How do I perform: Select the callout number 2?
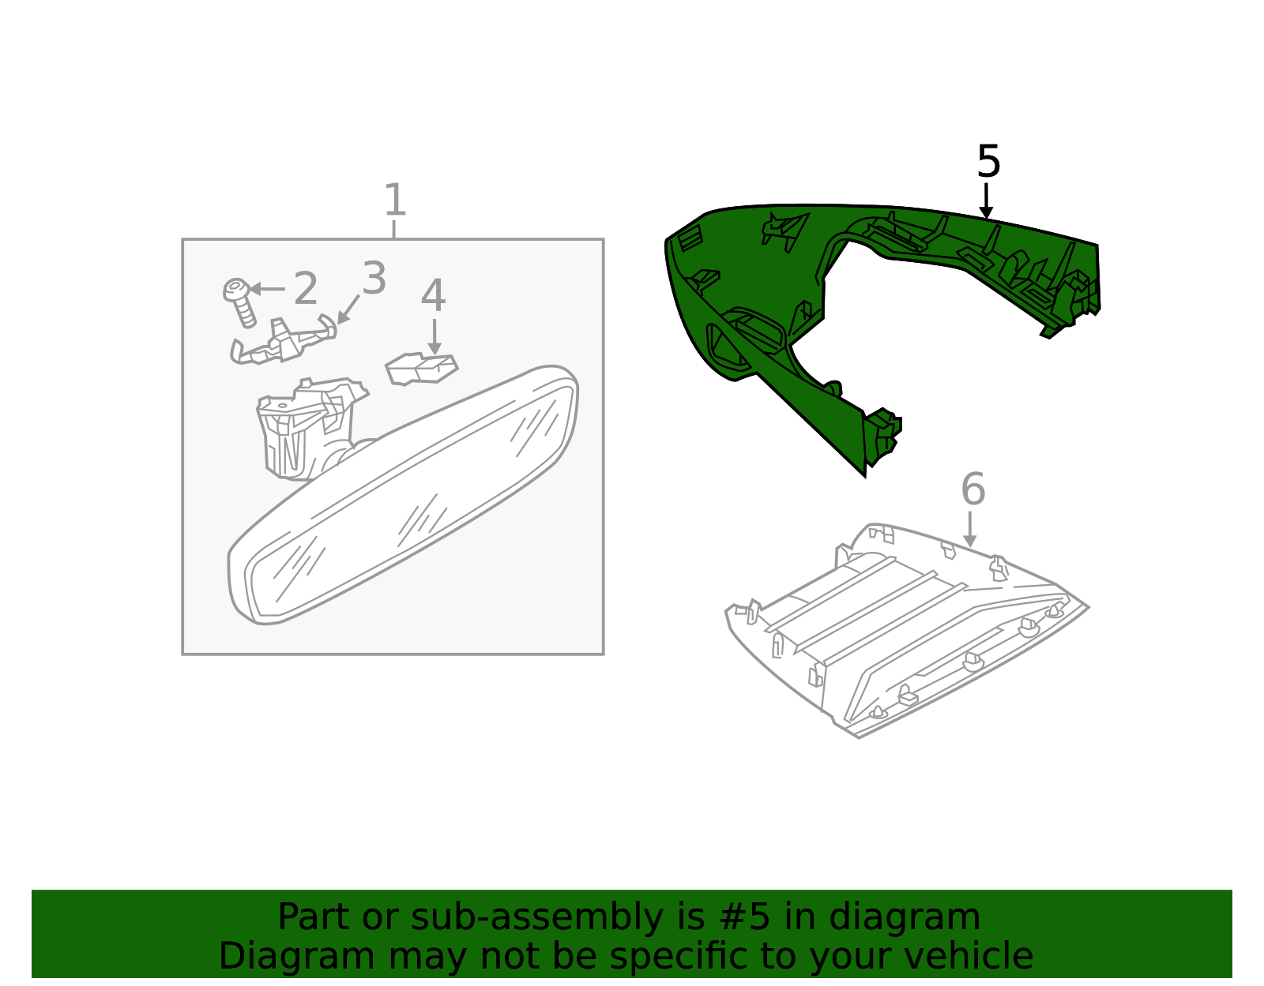(x=305, y=289)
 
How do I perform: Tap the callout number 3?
(x=374, y=279)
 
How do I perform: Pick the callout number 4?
(x=433, y=296)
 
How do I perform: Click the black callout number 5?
(x=988, y=162)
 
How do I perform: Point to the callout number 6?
(x=972, y=489)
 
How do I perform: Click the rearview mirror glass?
(x=403, y=505)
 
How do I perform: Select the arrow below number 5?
(x=986, y=201)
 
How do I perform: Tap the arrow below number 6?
(x=970, y=529)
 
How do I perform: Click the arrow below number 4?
(x=434, y=336)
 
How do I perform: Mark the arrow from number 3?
(x=348, y=309)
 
